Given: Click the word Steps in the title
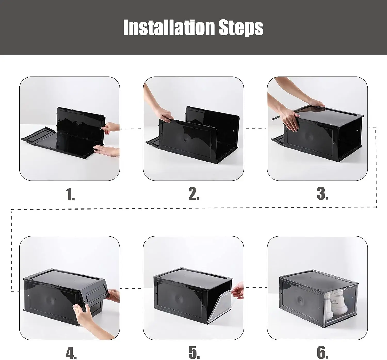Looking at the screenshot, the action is click(x=241, y=28).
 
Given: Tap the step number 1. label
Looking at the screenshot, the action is click(x=70, y=194).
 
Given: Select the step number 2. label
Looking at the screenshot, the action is click(x=194, y=194).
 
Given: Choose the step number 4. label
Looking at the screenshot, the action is click(x=71, y=353).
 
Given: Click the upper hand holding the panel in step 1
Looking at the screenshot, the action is click(x=111, y=128).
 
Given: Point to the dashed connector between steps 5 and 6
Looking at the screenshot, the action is click(x=255, y=287).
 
